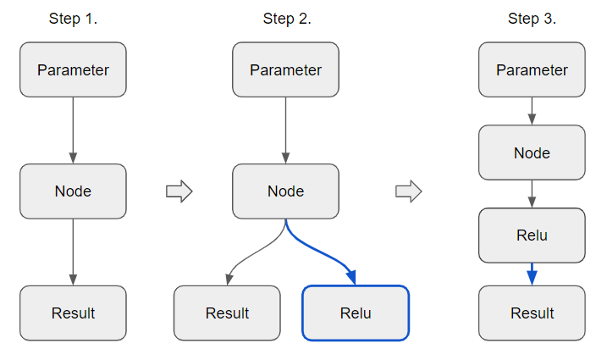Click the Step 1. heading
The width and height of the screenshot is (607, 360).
click(73, 19)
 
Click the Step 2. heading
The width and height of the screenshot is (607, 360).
click(287, 19)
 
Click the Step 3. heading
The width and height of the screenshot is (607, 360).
click(532, 19)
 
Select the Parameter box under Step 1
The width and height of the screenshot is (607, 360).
click(73, 69)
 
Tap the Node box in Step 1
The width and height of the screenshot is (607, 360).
click(73, 191)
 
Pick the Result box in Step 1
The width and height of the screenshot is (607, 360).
click(73, 313)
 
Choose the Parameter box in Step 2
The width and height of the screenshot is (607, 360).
click(285, 69)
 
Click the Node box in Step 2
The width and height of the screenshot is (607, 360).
click(285, 191)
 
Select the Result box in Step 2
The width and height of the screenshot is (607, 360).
click(227, 313)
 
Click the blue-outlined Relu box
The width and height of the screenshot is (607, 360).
click(356, 313)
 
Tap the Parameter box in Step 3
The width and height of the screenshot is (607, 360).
click(532, 69)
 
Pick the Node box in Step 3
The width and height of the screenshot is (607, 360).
click(532, 153)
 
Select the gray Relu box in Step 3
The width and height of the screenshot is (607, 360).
click(532, 235)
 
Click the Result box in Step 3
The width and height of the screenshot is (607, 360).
click(532, 313)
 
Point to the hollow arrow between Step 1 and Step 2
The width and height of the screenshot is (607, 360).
click(179, 192)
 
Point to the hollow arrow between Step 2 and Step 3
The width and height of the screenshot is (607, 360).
click(409, 192)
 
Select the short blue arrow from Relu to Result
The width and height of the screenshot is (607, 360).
click(532, 274)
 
